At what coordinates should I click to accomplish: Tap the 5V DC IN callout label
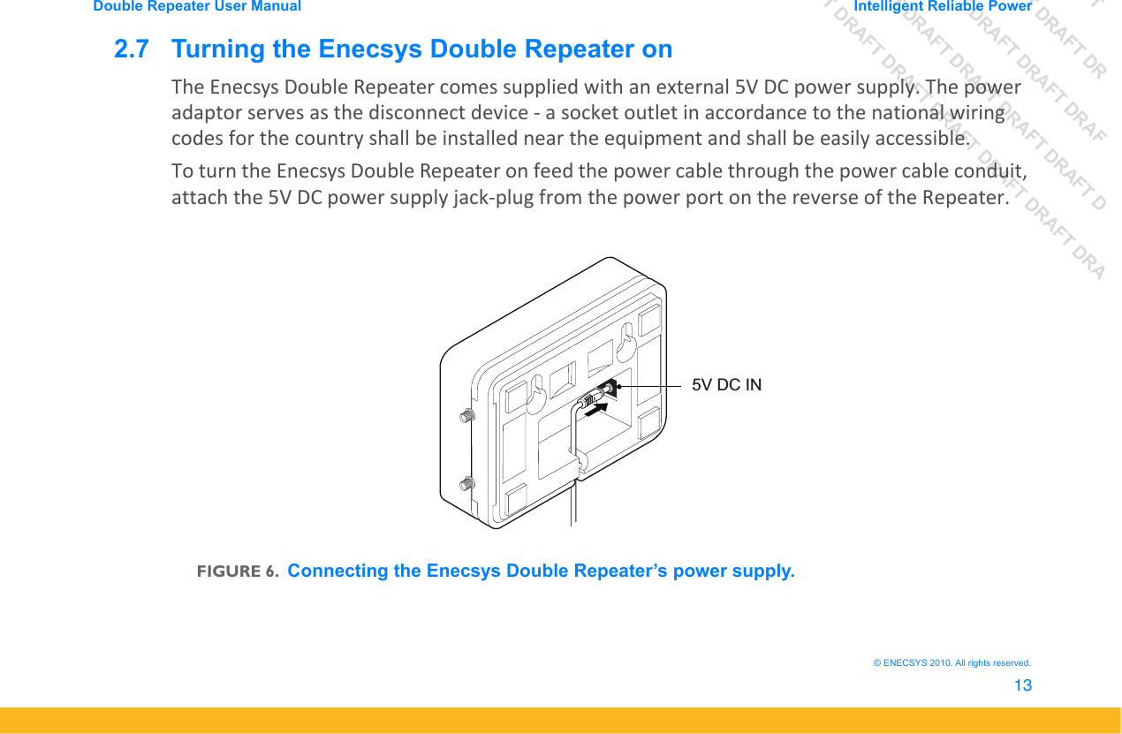point(726,385)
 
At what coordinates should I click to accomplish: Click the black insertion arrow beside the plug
point(596,407)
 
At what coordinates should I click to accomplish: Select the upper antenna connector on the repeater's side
point(468,414)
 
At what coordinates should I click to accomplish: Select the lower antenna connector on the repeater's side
point(466,484)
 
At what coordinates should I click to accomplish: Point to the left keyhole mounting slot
point(535,396)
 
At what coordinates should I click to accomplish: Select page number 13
point(1022,685)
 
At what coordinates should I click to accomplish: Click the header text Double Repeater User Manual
point(197,6)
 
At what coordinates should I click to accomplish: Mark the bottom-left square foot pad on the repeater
point(517,501)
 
